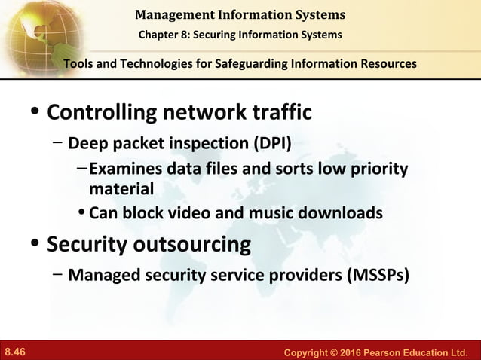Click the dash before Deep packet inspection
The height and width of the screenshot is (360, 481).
click(x=57, y=143)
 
